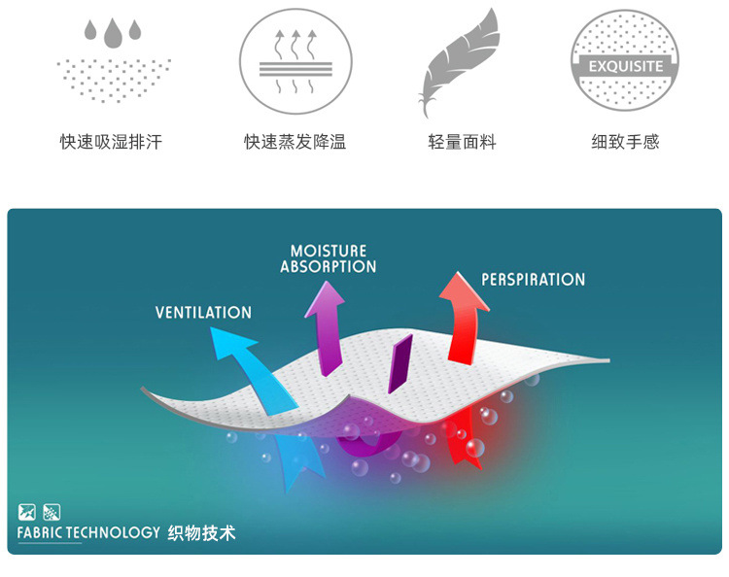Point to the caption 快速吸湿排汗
(x=111, y=142)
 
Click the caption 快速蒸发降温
(x=295, y=142)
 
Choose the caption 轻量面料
(x=462, y=142)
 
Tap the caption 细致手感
(x=625, y=142)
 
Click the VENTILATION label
(x=203, y=312)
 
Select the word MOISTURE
(x=329, y=252)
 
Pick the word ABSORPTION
(x=328, y=266)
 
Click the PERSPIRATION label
(x=533, y=280)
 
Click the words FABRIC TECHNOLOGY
(x=87, y=532)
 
